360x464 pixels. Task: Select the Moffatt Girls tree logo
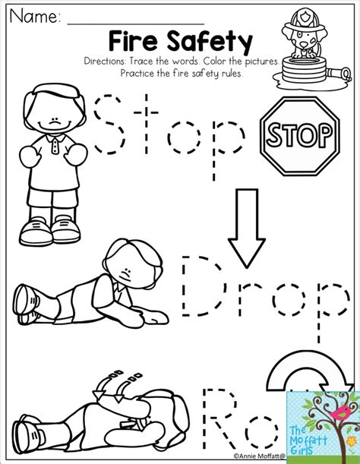click(320, 421)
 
